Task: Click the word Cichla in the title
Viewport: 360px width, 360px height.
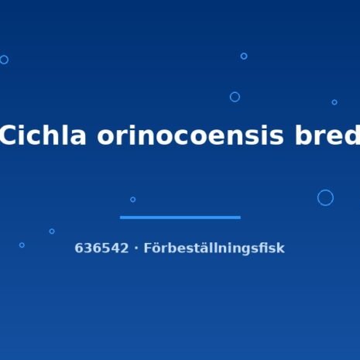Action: pos(43,135)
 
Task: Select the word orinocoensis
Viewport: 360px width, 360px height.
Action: pos(190,135)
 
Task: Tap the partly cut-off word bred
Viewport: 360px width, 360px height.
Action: pos(327,135)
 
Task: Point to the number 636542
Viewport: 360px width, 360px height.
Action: pos(101,248)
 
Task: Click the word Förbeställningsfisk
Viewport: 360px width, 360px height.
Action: pos(214,249)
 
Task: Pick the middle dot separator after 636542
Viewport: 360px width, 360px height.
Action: pos(136,249)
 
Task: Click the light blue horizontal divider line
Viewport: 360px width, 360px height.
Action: pos(180,218)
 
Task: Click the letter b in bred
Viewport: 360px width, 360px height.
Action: pos(303,135)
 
